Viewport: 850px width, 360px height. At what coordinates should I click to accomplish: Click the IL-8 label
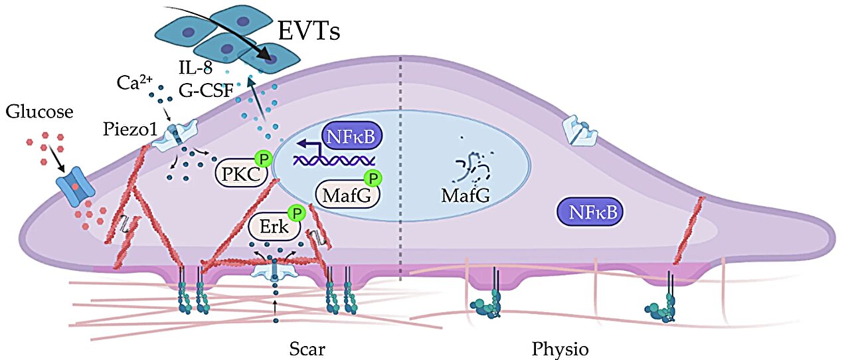[198, 67]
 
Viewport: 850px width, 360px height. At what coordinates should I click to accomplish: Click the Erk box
[274, 227]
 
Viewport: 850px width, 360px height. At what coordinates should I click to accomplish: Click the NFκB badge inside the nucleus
[350, 137]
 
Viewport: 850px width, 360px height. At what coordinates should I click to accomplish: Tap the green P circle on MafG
[373, 179]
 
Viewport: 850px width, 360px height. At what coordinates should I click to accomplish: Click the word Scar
[307, 349]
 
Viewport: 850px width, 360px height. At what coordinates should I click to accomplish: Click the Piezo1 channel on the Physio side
[580, 132]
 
